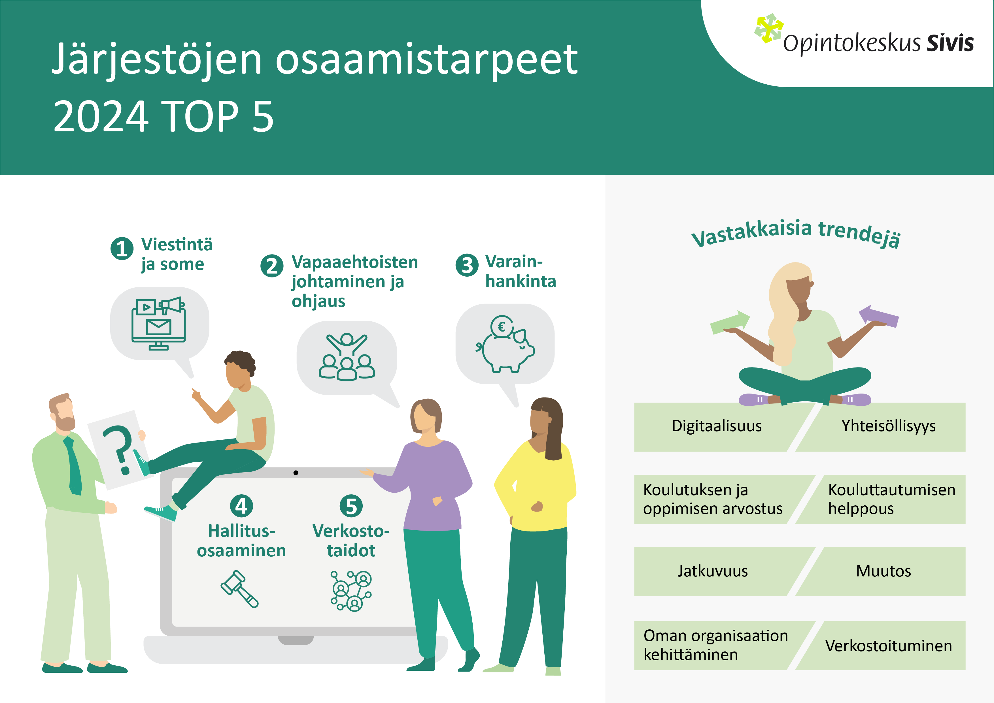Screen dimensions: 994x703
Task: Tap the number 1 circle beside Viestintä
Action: pos(122,249)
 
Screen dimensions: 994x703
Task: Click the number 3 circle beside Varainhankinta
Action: pos(467,265)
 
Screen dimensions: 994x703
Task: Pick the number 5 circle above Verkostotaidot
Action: pos(351,506)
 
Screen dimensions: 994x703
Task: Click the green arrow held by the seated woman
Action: pos(730,322)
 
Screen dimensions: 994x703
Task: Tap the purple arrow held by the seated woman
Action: pos(878,316)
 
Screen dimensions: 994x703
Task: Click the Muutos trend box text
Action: pos(883,571)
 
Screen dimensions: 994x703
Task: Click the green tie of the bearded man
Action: pos(74,466)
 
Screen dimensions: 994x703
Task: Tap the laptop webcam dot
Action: pos(296,473)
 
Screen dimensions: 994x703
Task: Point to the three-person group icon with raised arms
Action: pos(347,357)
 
